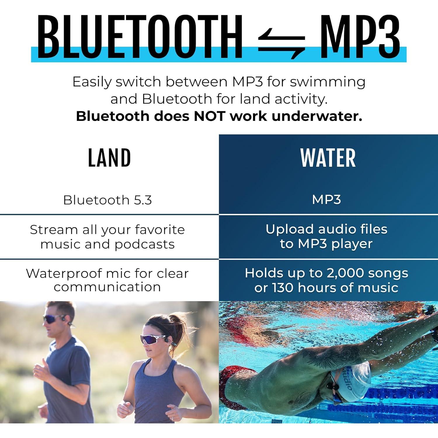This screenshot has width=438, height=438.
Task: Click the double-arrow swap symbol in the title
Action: pos(282,44)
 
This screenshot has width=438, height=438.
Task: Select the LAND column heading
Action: pos(109,158)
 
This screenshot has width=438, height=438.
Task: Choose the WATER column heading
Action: pos(328,158)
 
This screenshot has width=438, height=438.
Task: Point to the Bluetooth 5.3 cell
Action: pos(107,200)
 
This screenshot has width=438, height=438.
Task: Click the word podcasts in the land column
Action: pos(145,244)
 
